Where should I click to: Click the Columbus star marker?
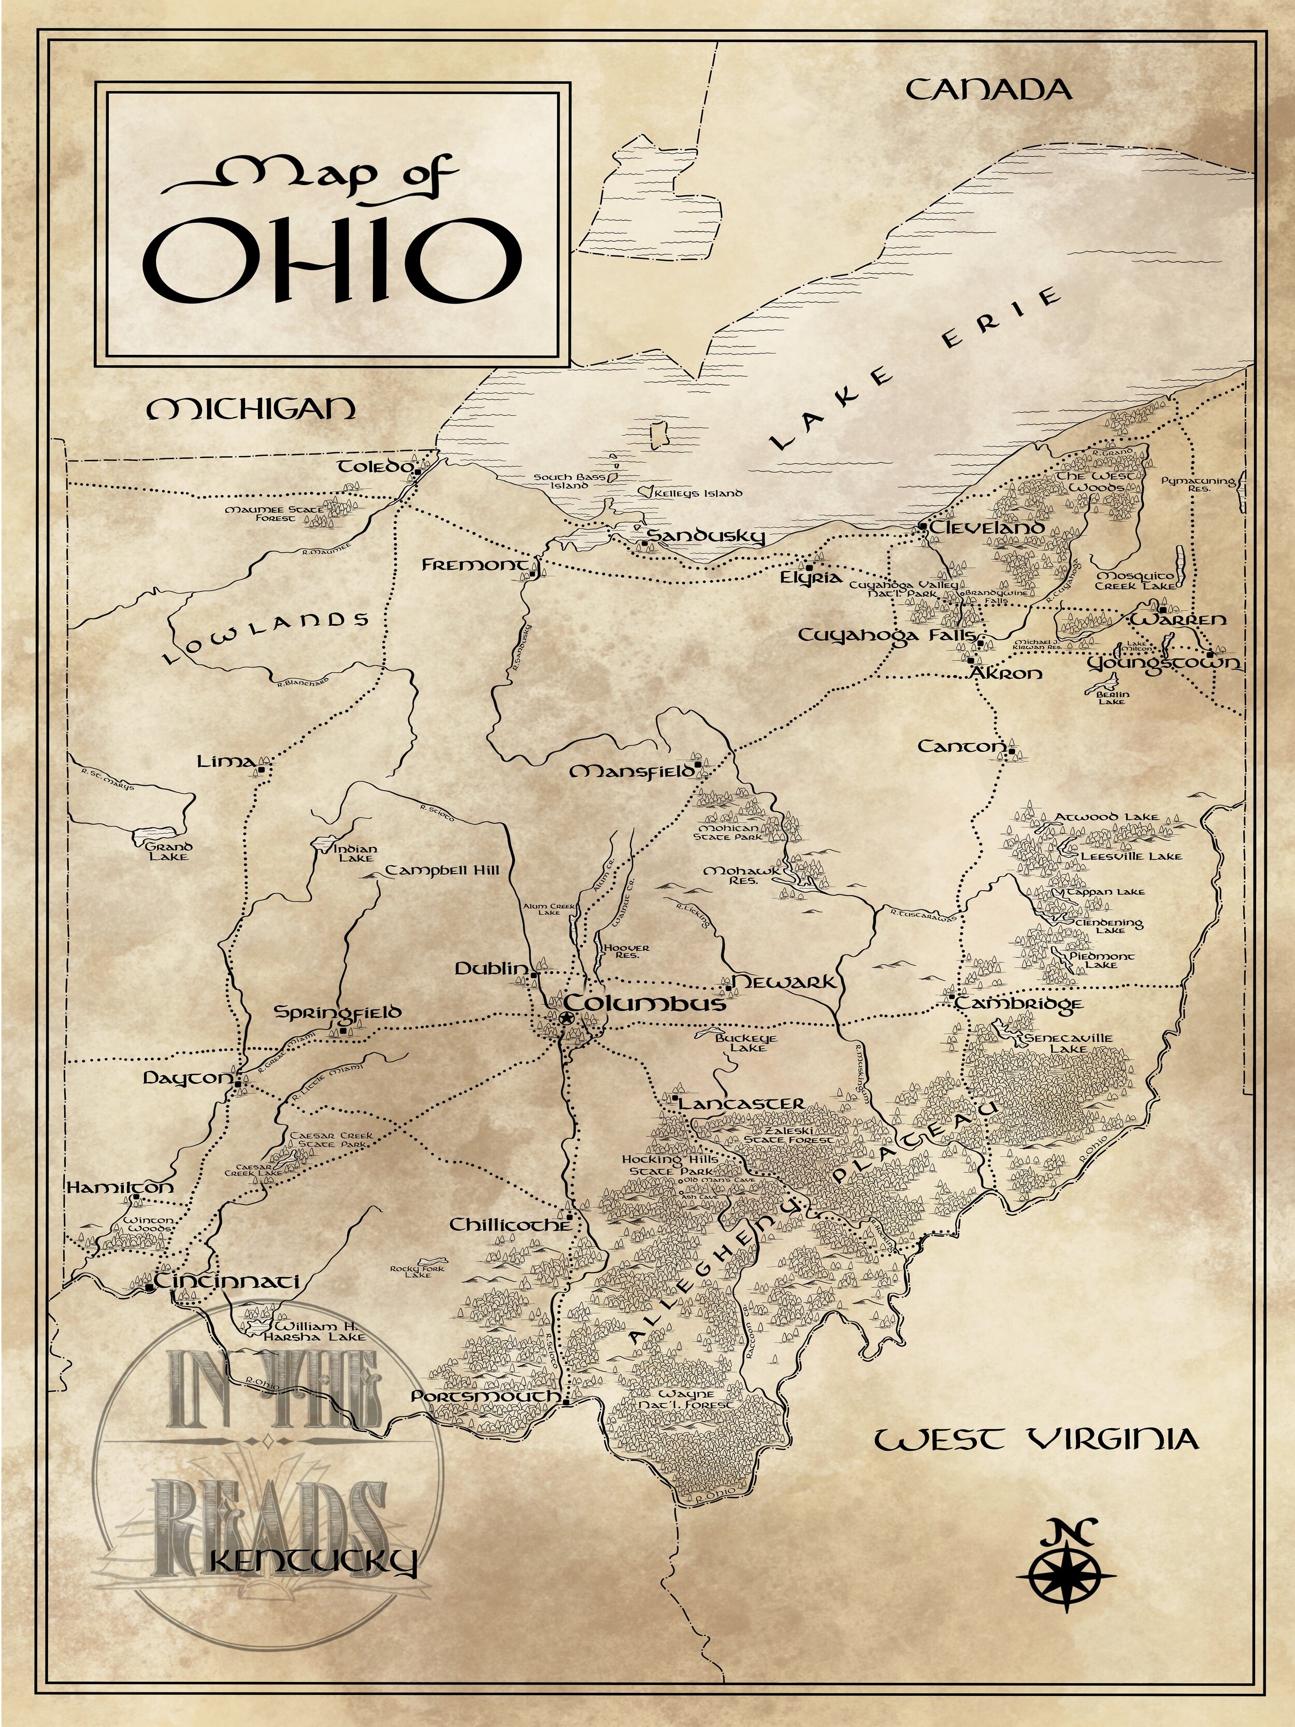click(565, 1019)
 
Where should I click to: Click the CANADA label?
click(988, 90)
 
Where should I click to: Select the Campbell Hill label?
click(442, 870)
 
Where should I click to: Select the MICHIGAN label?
click(251, 408)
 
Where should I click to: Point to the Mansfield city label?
click(631, 772)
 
